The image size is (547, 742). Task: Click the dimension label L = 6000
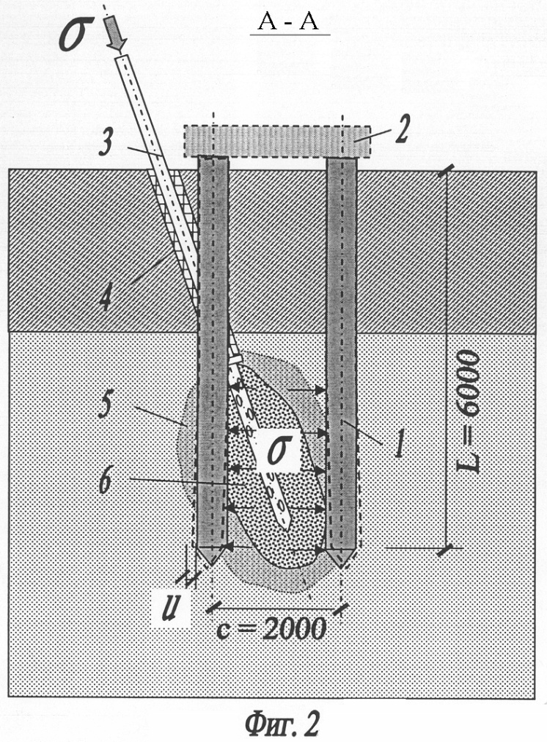[469, 412]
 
